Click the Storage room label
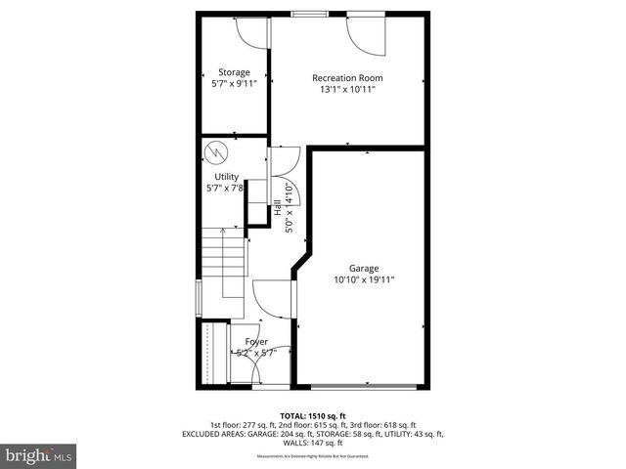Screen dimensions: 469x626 pyautogui.click(x=234, y=72)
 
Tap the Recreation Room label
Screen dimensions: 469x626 pyautogui.click(x=347, y=77)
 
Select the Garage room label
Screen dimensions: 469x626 pyautogui.click(x=364, y=268)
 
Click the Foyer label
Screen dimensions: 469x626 pyautogui.click(x=256, y=341)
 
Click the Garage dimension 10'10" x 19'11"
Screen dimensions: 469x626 pyautogui.click(x=364, y=279)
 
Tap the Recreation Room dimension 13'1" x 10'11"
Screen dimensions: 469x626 pyautogui.click(x=347, y=89)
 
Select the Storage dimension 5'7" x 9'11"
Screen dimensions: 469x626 pyautogui.click(x=234, y=84)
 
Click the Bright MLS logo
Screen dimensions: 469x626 pyautogui.click(x=39, y=455)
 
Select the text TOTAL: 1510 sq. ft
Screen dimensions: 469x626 pyautogui.click(x=313, y=415)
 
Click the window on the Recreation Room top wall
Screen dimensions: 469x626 pyautogui.click(x=310, y=15)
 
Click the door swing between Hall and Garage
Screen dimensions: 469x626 pyautogui.click(x=272, y=297)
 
